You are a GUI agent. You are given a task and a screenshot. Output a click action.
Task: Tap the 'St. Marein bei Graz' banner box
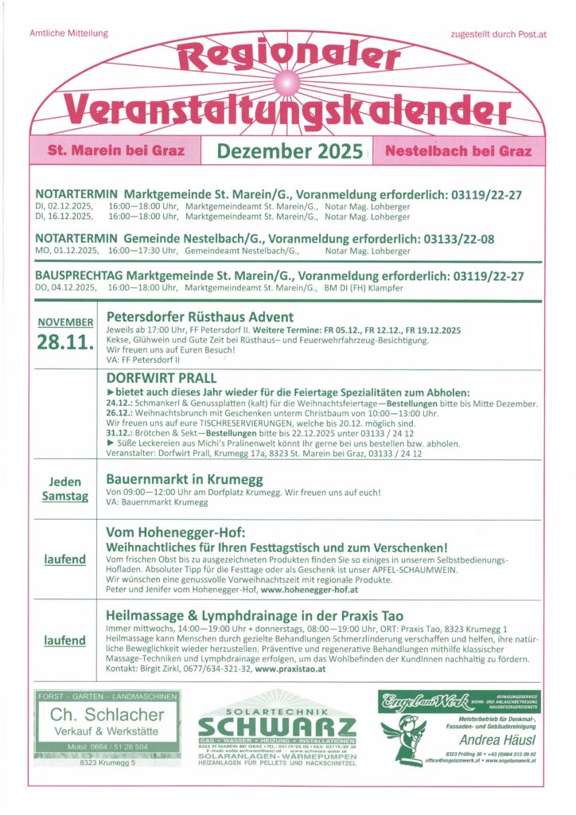coord(116,150)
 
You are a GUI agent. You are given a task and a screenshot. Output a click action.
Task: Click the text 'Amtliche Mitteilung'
coord(68,33)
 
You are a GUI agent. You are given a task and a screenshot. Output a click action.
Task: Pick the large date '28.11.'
coord(64,342)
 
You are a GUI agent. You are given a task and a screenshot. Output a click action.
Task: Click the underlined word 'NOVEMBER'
coord(64,322)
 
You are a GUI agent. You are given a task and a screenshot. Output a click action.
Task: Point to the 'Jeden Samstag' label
coord(64,489)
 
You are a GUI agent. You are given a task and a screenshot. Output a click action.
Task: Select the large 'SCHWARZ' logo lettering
coord(277,727)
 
